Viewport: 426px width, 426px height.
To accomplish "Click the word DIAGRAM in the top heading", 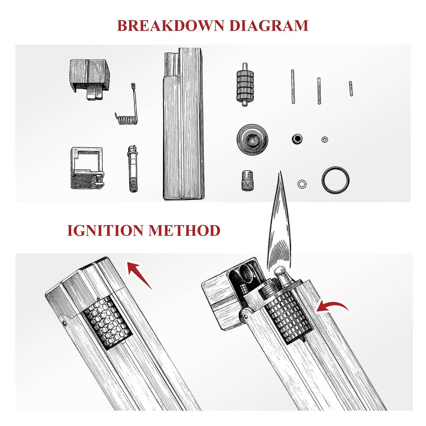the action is click(x=269, y=25).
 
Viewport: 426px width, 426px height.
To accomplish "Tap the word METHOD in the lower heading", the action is click(x=184, y=230).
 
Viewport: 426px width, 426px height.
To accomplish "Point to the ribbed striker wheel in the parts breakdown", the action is click(x=245, y=84).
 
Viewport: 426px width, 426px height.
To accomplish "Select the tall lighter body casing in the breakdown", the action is click(x=183, y=124).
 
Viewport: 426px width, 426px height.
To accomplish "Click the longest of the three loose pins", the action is click(x=293, y=87).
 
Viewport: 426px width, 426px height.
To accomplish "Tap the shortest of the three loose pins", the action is click(x=351, y=89).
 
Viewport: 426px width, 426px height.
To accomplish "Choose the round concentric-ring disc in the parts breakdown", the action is click(x=253, y=140).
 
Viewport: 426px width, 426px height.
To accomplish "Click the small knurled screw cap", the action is click(x=248, y=181).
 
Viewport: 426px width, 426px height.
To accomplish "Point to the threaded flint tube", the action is click(x=132, y=169).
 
